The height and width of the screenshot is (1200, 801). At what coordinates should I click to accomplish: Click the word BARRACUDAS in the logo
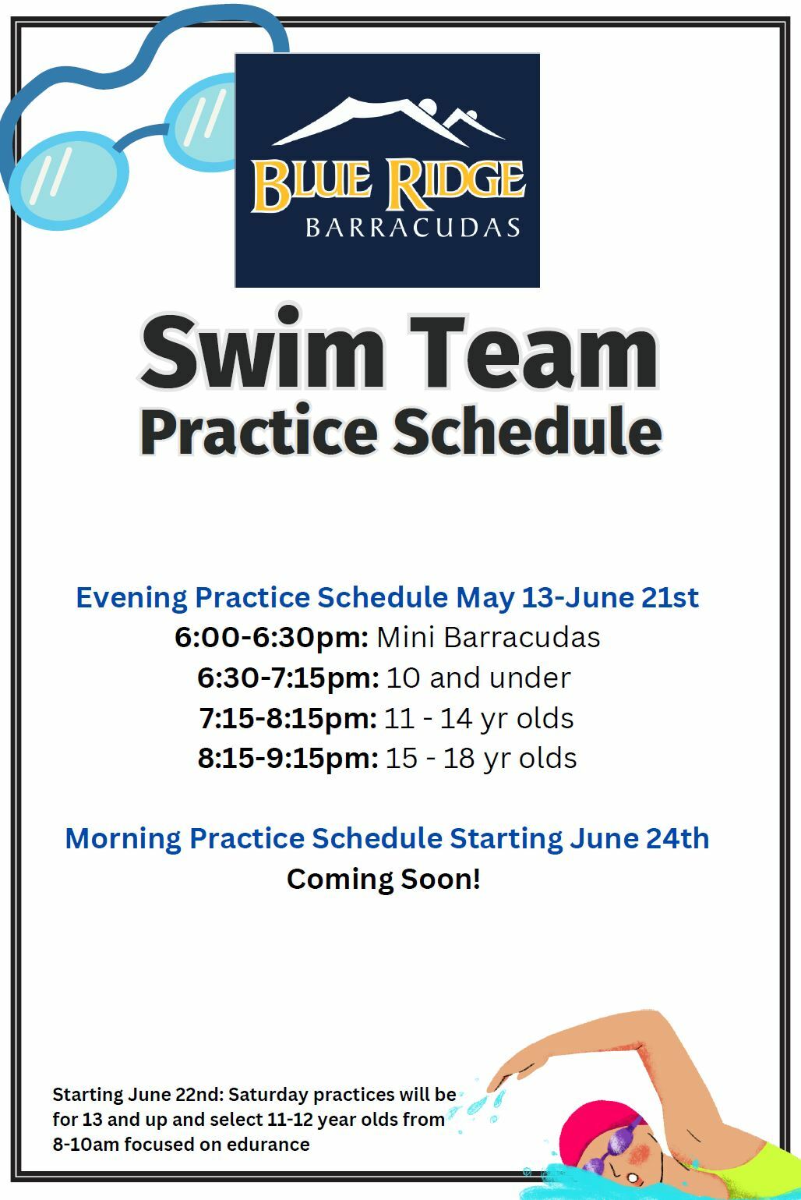coord(412,228)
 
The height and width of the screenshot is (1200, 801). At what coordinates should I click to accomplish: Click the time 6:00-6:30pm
coord(271,637)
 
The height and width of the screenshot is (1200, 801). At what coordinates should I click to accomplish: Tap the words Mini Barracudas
coord(489,637)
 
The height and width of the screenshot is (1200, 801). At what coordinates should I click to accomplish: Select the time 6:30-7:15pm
coord(288,678)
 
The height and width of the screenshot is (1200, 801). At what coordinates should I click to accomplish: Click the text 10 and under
coord(478,678)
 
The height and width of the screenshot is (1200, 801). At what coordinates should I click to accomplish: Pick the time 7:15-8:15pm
coord(288,718)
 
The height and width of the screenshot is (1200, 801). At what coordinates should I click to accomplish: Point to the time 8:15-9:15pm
coord(288,758)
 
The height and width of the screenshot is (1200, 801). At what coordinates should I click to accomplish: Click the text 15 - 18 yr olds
coord(482,758)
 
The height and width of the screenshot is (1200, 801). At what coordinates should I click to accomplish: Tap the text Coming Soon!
coord(383,879)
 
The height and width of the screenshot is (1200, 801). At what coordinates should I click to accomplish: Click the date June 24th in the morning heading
coord(639,838)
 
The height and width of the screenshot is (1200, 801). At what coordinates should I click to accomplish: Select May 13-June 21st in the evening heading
coord(577,597)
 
